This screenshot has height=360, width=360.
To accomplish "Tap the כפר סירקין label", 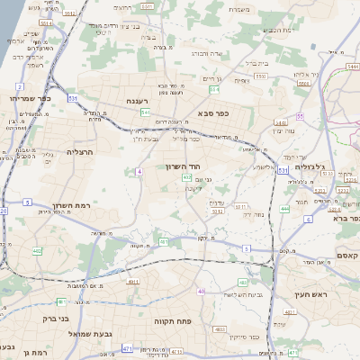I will tap(243, 337).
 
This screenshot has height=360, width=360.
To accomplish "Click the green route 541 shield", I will tap(145, 112).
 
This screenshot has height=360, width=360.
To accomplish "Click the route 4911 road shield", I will tap(132, 283).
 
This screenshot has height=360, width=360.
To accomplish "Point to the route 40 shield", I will tap(202, 292).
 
